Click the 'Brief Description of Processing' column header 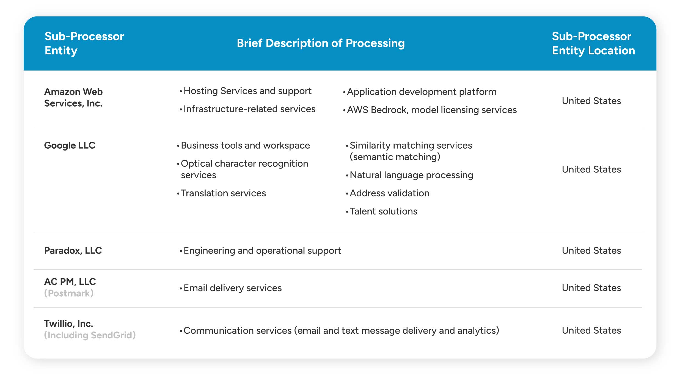321,43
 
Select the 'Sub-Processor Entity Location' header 593,43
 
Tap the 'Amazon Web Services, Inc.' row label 73,98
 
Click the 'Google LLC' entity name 70,145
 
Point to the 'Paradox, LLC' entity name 73,250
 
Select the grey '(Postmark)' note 69,293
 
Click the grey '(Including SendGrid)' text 90,335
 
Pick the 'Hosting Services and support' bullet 247,91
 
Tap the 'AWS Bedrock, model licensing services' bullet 432,110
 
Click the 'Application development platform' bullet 422,92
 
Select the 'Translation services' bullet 223,193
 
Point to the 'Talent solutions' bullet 383,211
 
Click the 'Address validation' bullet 389,193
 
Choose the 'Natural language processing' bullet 411,175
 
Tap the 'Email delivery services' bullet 232,288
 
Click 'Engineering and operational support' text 262,250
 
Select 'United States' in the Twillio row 591,330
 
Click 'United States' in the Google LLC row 591,169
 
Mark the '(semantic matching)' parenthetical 395,157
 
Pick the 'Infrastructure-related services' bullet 249,109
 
